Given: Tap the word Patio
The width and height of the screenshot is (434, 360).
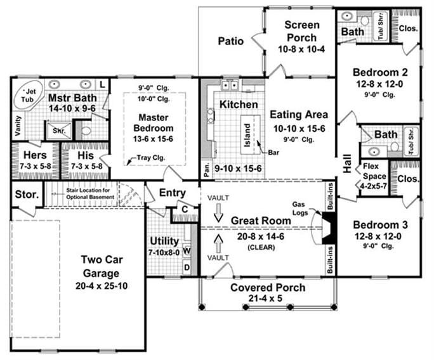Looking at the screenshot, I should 231,41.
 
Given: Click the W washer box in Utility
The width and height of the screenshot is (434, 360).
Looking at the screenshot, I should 188,250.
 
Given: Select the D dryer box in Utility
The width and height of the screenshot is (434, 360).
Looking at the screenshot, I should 188,267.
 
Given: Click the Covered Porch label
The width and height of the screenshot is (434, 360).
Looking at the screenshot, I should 258,287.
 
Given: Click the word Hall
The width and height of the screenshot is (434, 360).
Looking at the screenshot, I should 347,164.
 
